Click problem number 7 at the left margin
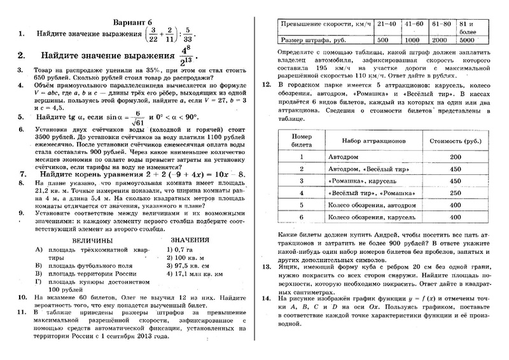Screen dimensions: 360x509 coord(23,173)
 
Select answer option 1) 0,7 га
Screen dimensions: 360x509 coord(178,250)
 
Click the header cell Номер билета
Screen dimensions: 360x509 coord(299,139)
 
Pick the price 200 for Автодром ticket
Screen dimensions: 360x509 coord(454,156)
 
